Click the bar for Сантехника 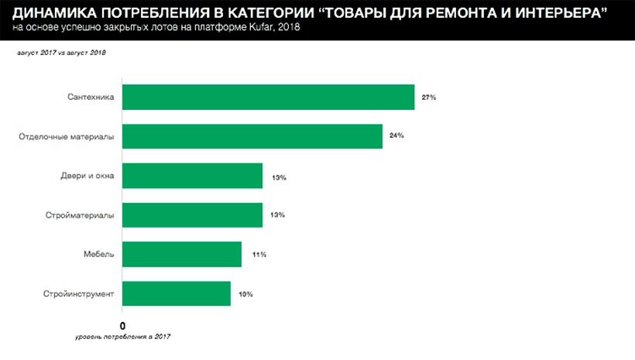[x=268, y=97]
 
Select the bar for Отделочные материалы [x=252, y=136]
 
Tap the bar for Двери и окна [x=192, y=176]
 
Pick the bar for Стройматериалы [x=192, y=214]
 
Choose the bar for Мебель [x=182, y=254]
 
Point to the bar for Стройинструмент [x=177, y=293]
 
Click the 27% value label [x=429, y=98]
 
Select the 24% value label [x=397, y=136]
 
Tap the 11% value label [x=258, y=254]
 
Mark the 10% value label [x=245, y=294]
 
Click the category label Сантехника [x=91, y=98]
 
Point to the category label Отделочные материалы [x=67, y=137]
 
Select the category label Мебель [x=99, y=254]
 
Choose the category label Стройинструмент [x=79, y=293]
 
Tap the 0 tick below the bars [x=122, y=325]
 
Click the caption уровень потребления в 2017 [x=123, y=337]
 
